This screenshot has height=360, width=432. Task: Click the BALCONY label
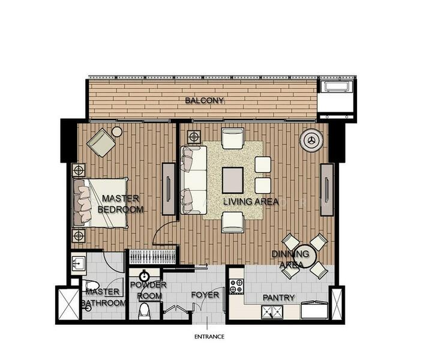click(x=204, y=101)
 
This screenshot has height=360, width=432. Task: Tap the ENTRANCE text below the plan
click(x=209, y=337)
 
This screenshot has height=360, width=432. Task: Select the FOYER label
click(x=205, y=295)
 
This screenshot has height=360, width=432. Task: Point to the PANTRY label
click(x=278, y=298)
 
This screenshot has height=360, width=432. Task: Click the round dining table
click(x=305, y=256)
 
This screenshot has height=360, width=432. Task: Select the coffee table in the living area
click(x=233, y=181)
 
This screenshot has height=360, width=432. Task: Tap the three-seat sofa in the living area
click(x=193, y=180)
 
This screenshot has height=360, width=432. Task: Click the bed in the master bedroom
click(x=100, y=203)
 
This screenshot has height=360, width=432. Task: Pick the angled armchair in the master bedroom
click(x=101, y=142)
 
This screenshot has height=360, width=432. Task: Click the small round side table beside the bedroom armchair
click(x=117, y=131)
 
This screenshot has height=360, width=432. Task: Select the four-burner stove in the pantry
click(x=236, y=286)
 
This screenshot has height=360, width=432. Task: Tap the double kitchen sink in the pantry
click(x=272, y=312)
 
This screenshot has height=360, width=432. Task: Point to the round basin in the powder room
click(x=145, y=276)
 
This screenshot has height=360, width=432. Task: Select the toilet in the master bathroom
click(x=90, y=285)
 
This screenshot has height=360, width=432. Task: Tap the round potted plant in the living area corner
click(x=311, y=140)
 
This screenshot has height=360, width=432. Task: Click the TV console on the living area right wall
click(x=327, y=190)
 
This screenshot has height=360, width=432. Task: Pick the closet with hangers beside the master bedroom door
click(x=152, y=257)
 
